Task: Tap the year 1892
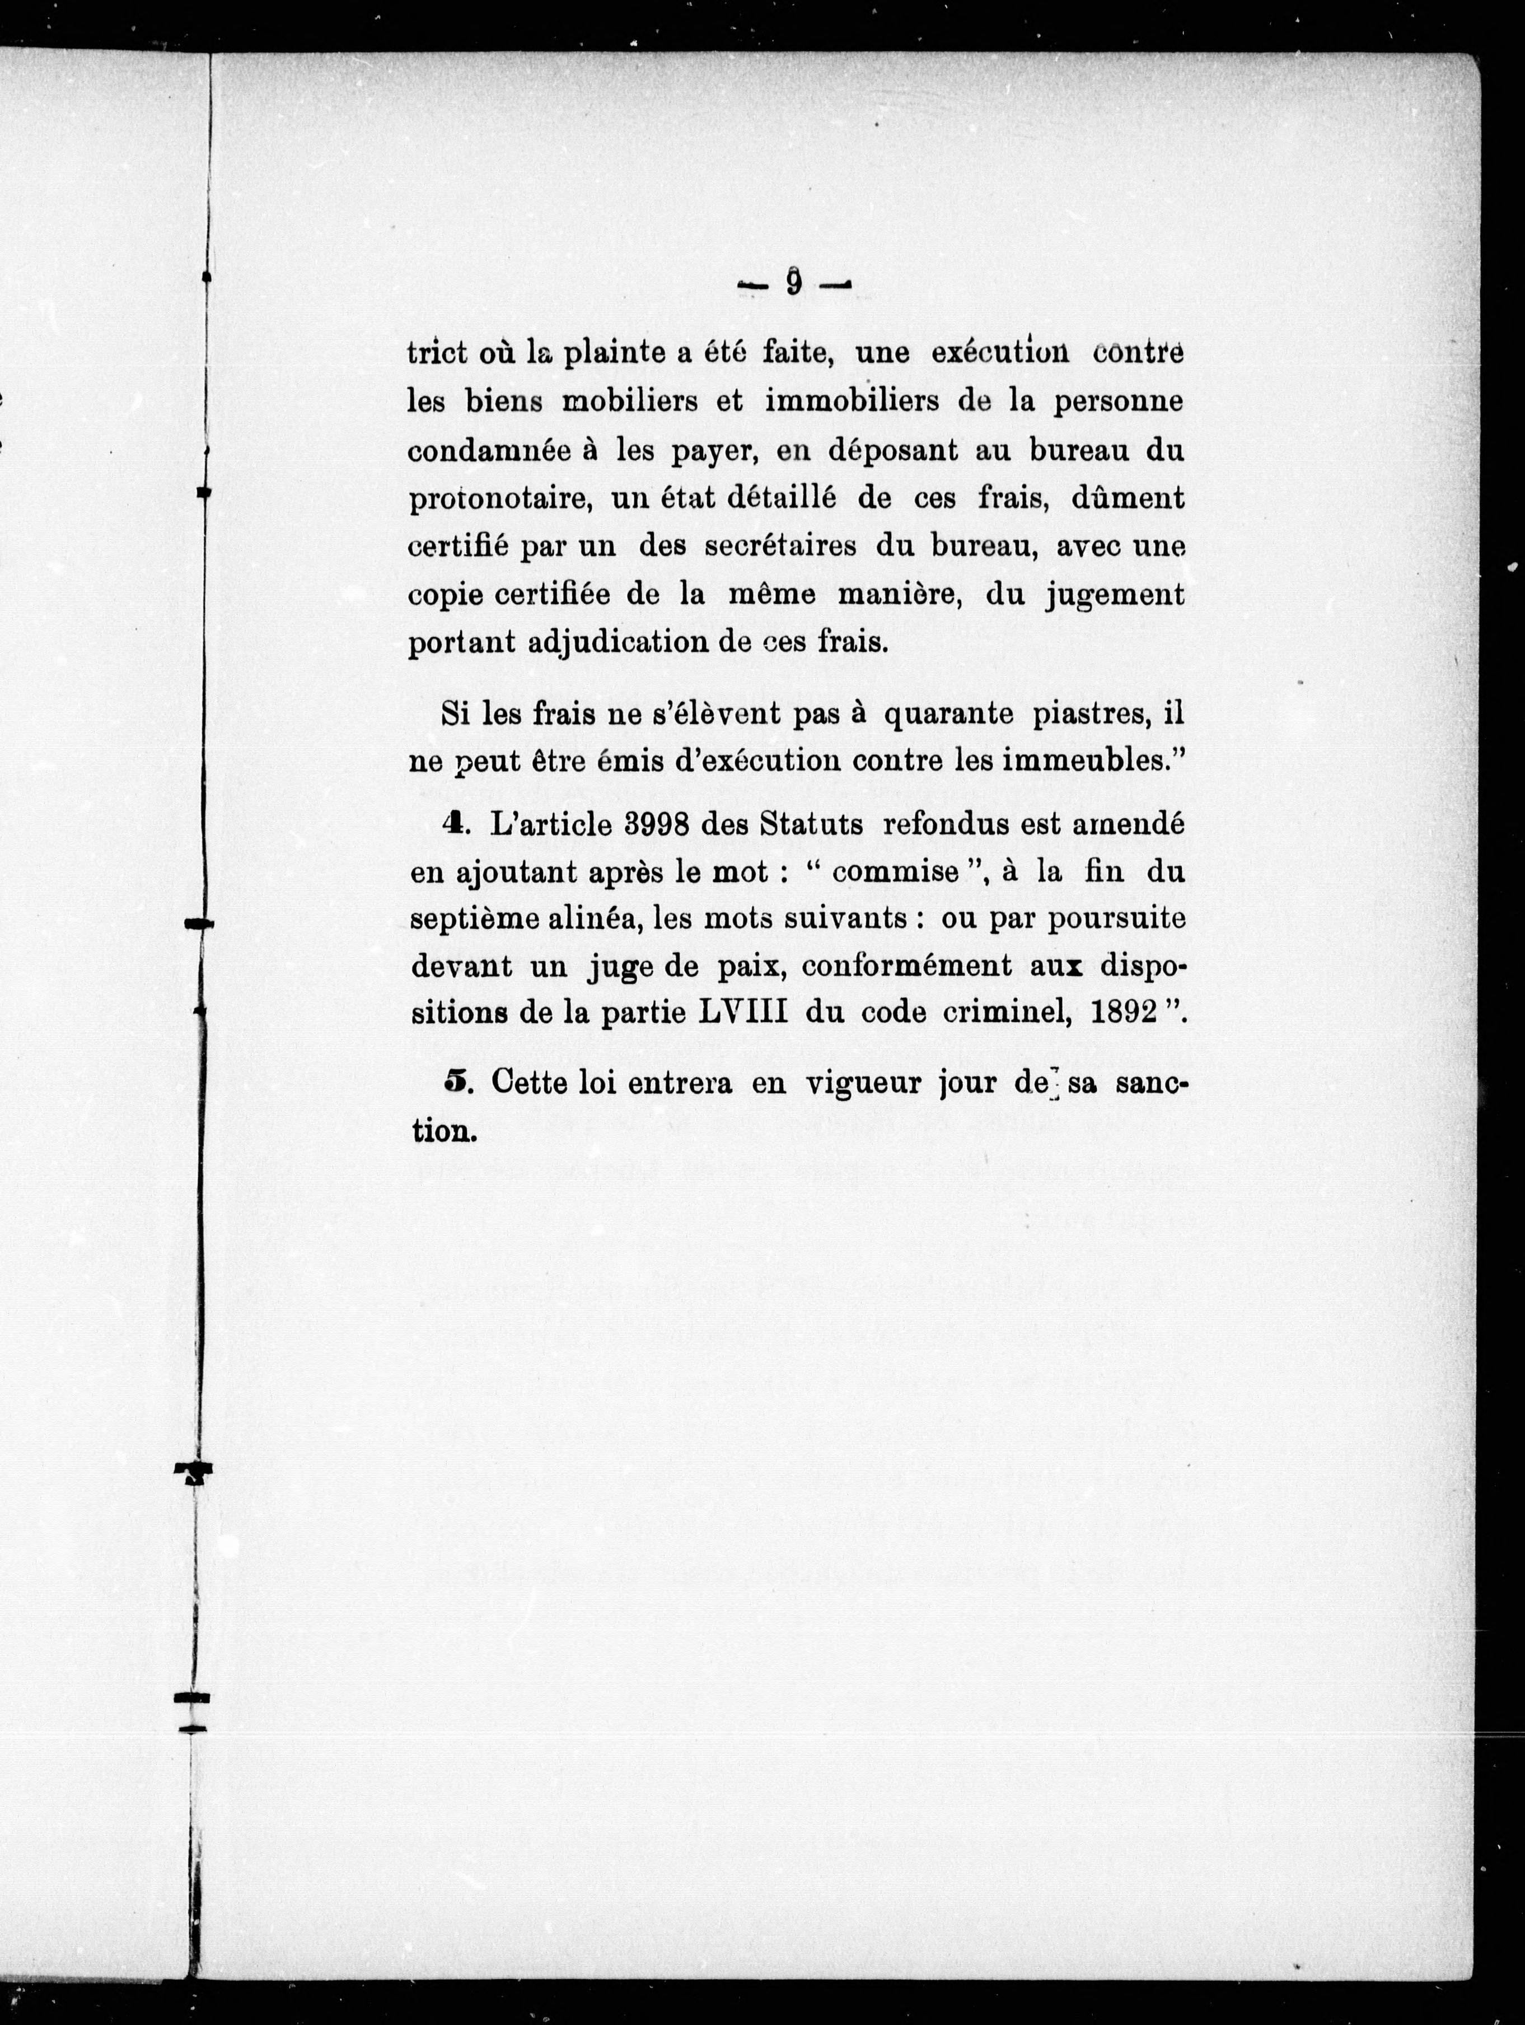(x=1122, y=1014)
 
